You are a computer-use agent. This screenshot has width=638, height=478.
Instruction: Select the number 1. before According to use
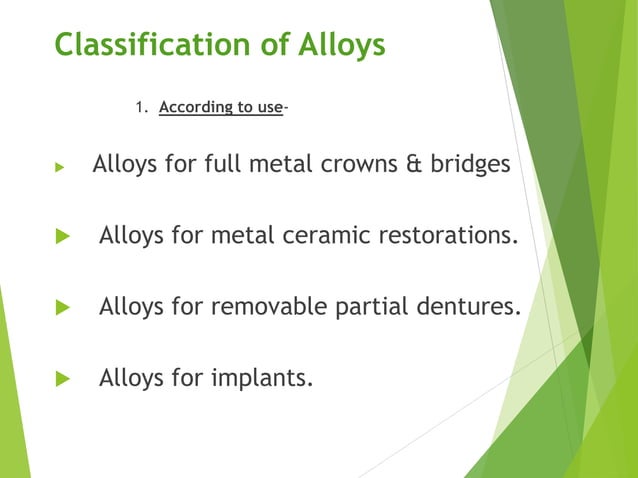(x=141, y=108)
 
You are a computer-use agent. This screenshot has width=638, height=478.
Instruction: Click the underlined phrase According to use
(x=220, y=108)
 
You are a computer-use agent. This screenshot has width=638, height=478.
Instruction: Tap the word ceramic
(x=309, y=235)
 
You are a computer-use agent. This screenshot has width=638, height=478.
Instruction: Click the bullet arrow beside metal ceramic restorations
(x=62, y=237)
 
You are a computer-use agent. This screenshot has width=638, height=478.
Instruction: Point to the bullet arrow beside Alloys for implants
(x=62, y=379)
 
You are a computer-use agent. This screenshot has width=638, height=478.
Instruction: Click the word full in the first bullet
(x=224, y=164)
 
